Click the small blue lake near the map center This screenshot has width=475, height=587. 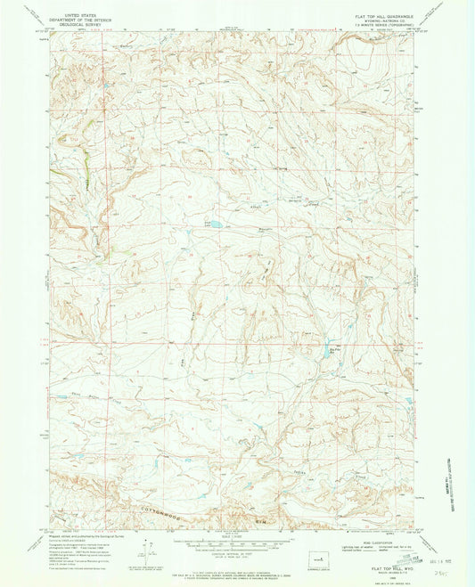click(x=214, y=225)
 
